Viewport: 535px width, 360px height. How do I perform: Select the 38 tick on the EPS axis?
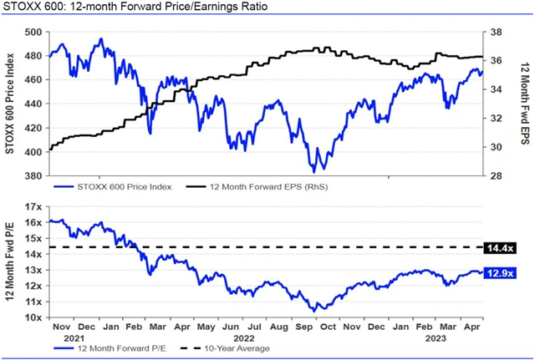497,33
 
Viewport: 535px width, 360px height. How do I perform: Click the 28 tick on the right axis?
497,176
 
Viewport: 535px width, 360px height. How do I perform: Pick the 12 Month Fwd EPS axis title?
519,104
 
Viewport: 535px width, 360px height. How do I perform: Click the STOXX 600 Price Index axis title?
11,104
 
